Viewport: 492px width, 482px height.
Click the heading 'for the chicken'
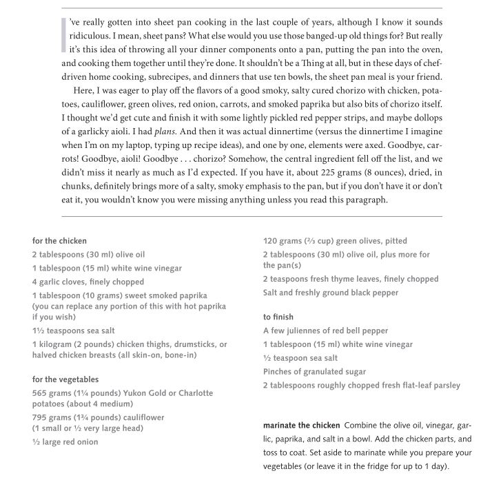(59, 241)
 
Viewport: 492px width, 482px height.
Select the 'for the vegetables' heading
(65, 379)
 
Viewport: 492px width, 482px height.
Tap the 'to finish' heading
(278, 317)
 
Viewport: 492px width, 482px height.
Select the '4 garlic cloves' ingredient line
(88, 282)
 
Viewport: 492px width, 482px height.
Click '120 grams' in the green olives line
(283, 241)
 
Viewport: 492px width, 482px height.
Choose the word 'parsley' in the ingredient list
(443, 385)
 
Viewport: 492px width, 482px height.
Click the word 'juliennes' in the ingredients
(307, 331)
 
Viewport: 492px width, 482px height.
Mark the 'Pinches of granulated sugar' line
(314, 372)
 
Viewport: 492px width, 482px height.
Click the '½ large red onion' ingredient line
(65, 442)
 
